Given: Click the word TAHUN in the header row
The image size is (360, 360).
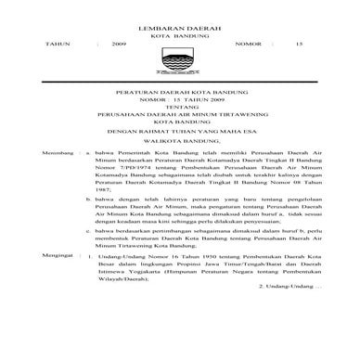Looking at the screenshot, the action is click(32, 44).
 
